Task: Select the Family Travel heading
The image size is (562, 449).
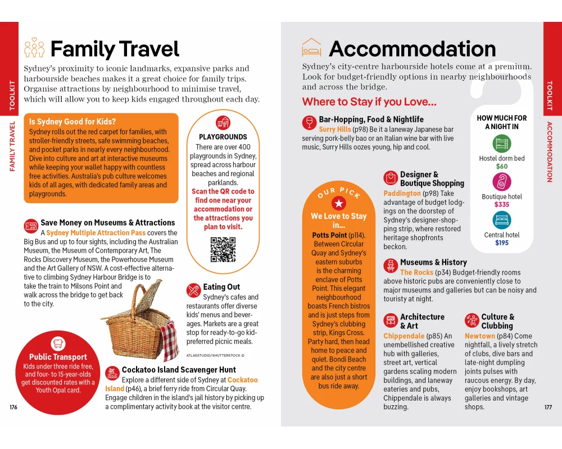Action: click(x=114, y=49)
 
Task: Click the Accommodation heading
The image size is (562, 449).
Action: click(x=412, y=49)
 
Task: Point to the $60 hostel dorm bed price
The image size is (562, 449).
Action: click(x=502, y=167)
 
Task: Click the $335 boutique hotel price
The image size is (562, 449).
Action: click(x=502, y=205)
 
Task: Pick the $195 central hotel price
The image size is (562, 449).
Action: click(x=502, y=243)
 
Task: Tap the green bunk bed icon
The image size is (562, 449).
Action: click(x=502, y=144)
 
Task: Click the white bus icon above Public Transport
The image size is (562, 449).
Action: click(x=58, y=343)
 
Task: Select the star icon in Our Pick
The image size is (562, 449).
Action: click(x=338, y=203)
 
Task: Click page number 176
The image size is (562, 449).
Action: click(x=13, y=407)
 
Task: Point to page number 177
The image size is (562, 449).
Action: click(x=548, y=407)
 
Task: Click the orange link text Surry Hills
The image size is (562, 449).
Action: click(x=335, y=130)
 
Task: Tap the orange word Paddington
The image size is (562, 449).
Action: click(x=402, y=193)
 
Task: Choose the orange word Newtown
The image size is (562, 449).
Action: click(x=480, y=336)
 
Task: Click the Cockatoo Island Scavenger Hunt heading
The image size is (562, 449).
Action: click(x=179, y=370)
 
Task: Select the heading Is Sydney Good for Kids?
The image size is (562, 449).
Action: click(x=72, y=121)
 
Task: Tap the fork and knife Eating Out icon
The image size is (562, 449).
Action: click(x=193, y=290)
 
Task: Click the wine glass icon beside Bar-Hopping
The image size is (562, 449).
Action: click(x=309, y=122)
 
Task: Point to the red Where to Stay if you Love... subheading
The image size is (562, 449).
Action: click(x=369, y=102)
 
